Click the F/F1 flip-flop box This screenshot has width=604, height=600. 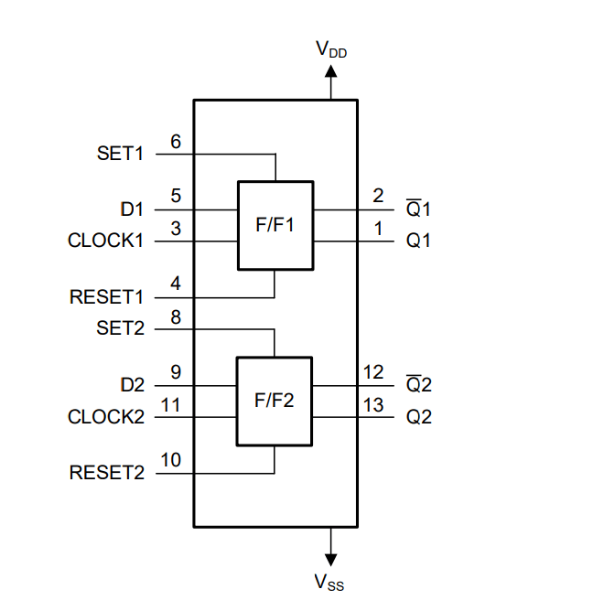pyautogui.click(x=275, y=225)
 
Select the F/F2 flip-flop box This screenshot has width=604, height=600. pyautogui.click(x=275, y=401)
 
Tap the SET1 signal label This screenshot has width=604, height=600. pyautogui.click(x=120, y=154)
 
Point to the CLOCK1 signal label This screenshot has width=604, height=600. pyautogui.click(x=106, y=241)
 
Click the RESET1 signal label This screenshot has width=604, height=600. pyautogui.click(x=107, y=297)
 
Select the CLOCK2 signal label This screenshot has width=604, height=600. pyautogui.click(x=106, y=417)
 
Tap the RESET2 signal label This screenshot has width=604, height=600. pyautogui.click(x=107, y=473)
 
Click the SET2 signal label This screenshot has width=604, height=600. pyautogui.click(x=120, y=328)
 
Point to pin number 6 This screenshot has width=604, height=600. pyautogui.click(x=176, y=142)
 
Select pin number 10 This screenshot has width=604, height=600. pyautogui.click(x=171, y=460)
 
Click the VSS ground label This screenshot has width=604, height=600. pyautogui.click(x=330, y=581)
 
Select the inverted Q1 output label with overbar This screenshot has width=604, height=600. pyautogui.click(x=418, y=209)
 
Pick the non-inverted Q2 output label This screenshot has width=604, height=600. pyautogui.click(x=418, y=417)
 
